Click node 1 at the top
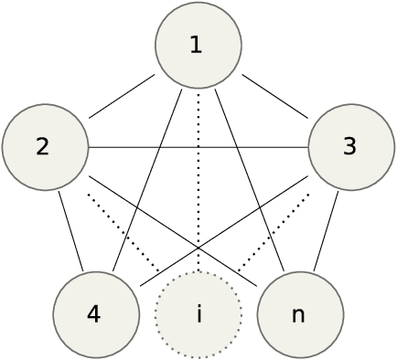(x=198, y=46)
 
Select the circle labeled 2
(x=45, y=147)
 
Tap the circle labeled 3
(x=351, y=147)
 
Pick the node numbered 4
(x=96, y=314)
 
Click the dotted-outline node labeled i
(x=198, y=314)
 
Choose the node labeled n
(x=300, y=314)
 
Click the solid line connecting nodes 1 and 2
(x=122, y=97)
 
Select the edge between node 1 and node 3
(x=275, y=97)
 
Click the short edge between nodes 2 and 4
(x=70, y=231)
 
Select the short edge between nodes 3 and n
(x=327, y=231)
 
